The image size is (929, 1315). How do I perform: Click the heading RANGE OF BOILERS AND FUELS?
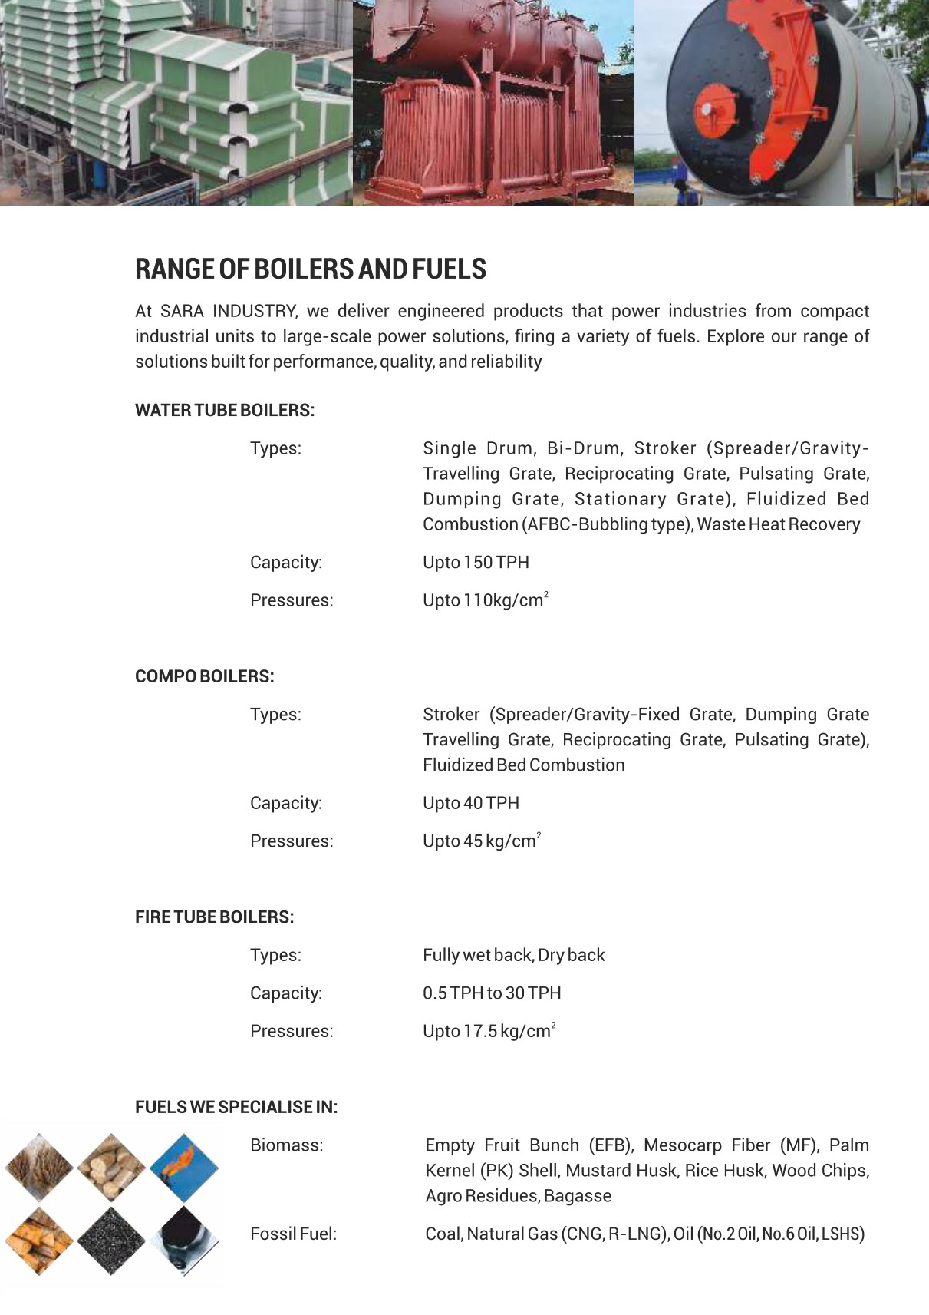pos(310,269)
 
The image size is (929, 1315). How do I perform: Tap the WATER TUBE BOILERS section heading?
pos(224,411)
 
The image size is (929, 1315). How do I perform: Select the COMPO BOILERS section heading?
pos(204,677)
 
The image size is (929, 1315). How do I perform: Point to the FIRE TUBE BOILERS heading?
pos(214,917)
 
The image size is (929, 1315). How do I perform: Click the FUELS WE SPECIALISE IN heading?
pos(236,1108)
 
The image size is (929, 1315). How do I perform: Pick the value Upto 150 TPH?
pos(476,563)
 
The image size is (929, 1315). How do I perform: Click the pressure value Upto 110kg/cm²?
pos(485,600)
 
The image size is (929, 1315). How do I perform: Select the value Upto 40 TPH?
pos(470,804)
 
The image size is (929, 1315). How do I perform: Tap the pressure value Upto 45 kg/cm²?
pos(481,841)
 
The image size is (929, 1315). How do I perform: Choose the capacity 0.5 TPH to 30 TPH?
pos(492,993)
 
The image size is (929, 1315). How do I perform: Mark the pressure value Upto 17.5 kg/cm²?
pos(488,1032)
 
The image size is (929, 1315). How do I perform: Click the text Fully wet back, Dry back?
pos(513,956)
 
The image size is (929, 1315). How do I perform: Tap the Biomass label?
pos(286,1145)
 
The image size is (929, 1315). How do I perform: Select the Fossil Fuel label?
pos(293,1234)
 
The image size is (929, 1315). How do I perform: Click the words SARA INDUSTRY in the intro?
pos(228,312)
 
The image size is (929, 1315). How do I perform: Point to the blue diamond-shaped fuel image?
pos(184,1168)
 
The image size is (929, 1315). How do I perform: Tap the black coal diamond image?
pos(111,1241)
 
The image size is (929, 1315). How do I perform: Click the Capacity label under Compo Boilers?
pos(285,804)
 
